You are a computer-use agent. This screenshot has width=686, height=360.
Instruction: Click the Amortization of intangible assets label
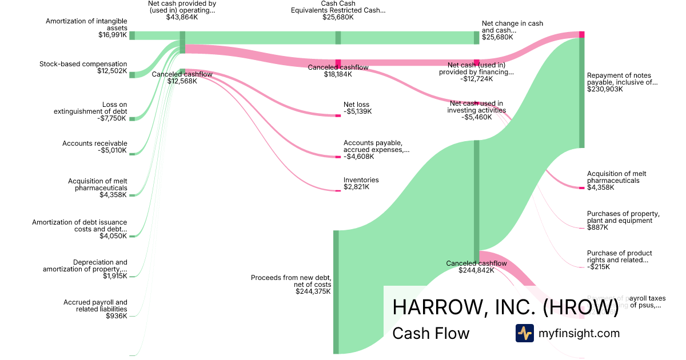86,25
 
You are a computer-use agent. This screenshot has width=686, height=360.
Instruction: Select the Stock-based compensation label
83,64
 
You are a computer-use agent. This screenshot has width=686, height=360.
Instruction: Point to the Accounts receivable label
95,143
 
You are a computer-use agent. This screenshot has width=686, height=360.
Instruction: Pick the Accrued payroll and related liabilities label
95,306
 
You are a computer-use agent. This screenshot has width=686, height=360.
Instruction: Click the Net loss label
356,105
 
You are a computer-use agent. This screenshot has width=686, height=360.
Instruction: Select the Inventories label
361,180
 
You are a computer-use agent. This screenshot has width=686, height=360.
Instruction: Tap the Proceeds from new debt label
291,281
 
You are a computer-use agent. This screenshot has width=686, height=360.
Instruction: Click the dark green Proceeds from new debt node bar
336,291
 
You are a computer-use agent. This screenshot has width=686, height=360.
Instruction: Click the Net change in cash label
512,27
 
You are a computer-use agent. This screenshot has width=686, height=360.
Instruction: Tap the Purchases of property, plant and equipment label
623,217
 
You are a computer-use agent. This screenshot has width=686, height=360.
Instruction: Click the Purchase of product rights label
619,257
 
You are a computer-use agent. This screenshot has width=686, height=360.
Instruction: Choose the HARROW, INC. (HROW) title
505,307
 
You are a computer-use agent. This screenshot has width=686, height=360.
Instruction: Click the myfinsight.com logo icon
524,333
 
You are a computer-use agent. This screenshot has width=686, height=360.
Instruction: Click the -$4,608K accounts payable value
358,157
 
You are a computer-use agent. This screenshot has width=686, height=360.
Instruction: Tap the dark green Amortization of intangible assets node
132,35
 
